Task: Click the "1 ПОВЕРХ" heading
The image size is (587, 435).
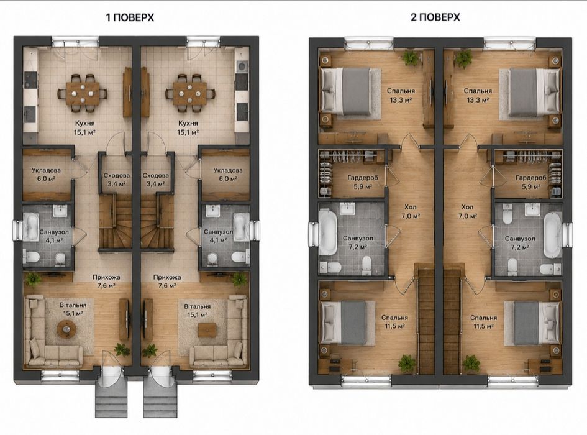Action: click(130, 17)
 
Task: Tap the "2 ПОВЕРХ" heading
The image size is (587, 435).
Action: click(435, 17)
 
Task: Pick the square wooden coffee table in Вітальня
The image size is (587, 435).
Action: click(207, 330)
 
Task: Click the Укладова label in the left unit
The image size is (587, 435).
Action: click(46, 170)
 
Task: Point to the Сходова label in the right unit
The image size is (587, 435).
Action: click(156, 175)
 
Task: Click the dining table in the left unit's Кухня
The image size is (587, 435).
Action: click(83, 93)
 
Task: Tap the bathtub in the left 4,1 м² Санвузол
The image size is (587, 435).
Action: click(30, 227)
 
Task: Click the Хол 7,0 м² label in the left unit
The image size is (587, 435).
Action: click(411, 211)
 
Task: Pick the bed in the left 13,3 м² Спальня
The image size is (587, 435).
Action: click(347, 91)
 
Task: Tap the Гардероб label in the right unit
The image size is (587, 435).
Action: click(531, 178)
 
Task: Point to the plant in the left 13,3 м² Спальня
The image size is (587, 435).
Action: click(411, 58)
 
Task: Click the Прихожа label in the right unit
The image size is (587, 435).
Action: click(167, 278)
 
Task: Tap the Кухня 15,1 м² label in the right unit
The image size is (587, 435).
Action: click(188, 127)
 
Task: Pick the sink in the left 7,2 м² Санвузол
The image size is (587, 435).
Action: click(348, 209)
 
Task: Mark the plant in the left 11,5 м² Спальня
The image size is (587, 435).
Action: click(407, 363)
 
